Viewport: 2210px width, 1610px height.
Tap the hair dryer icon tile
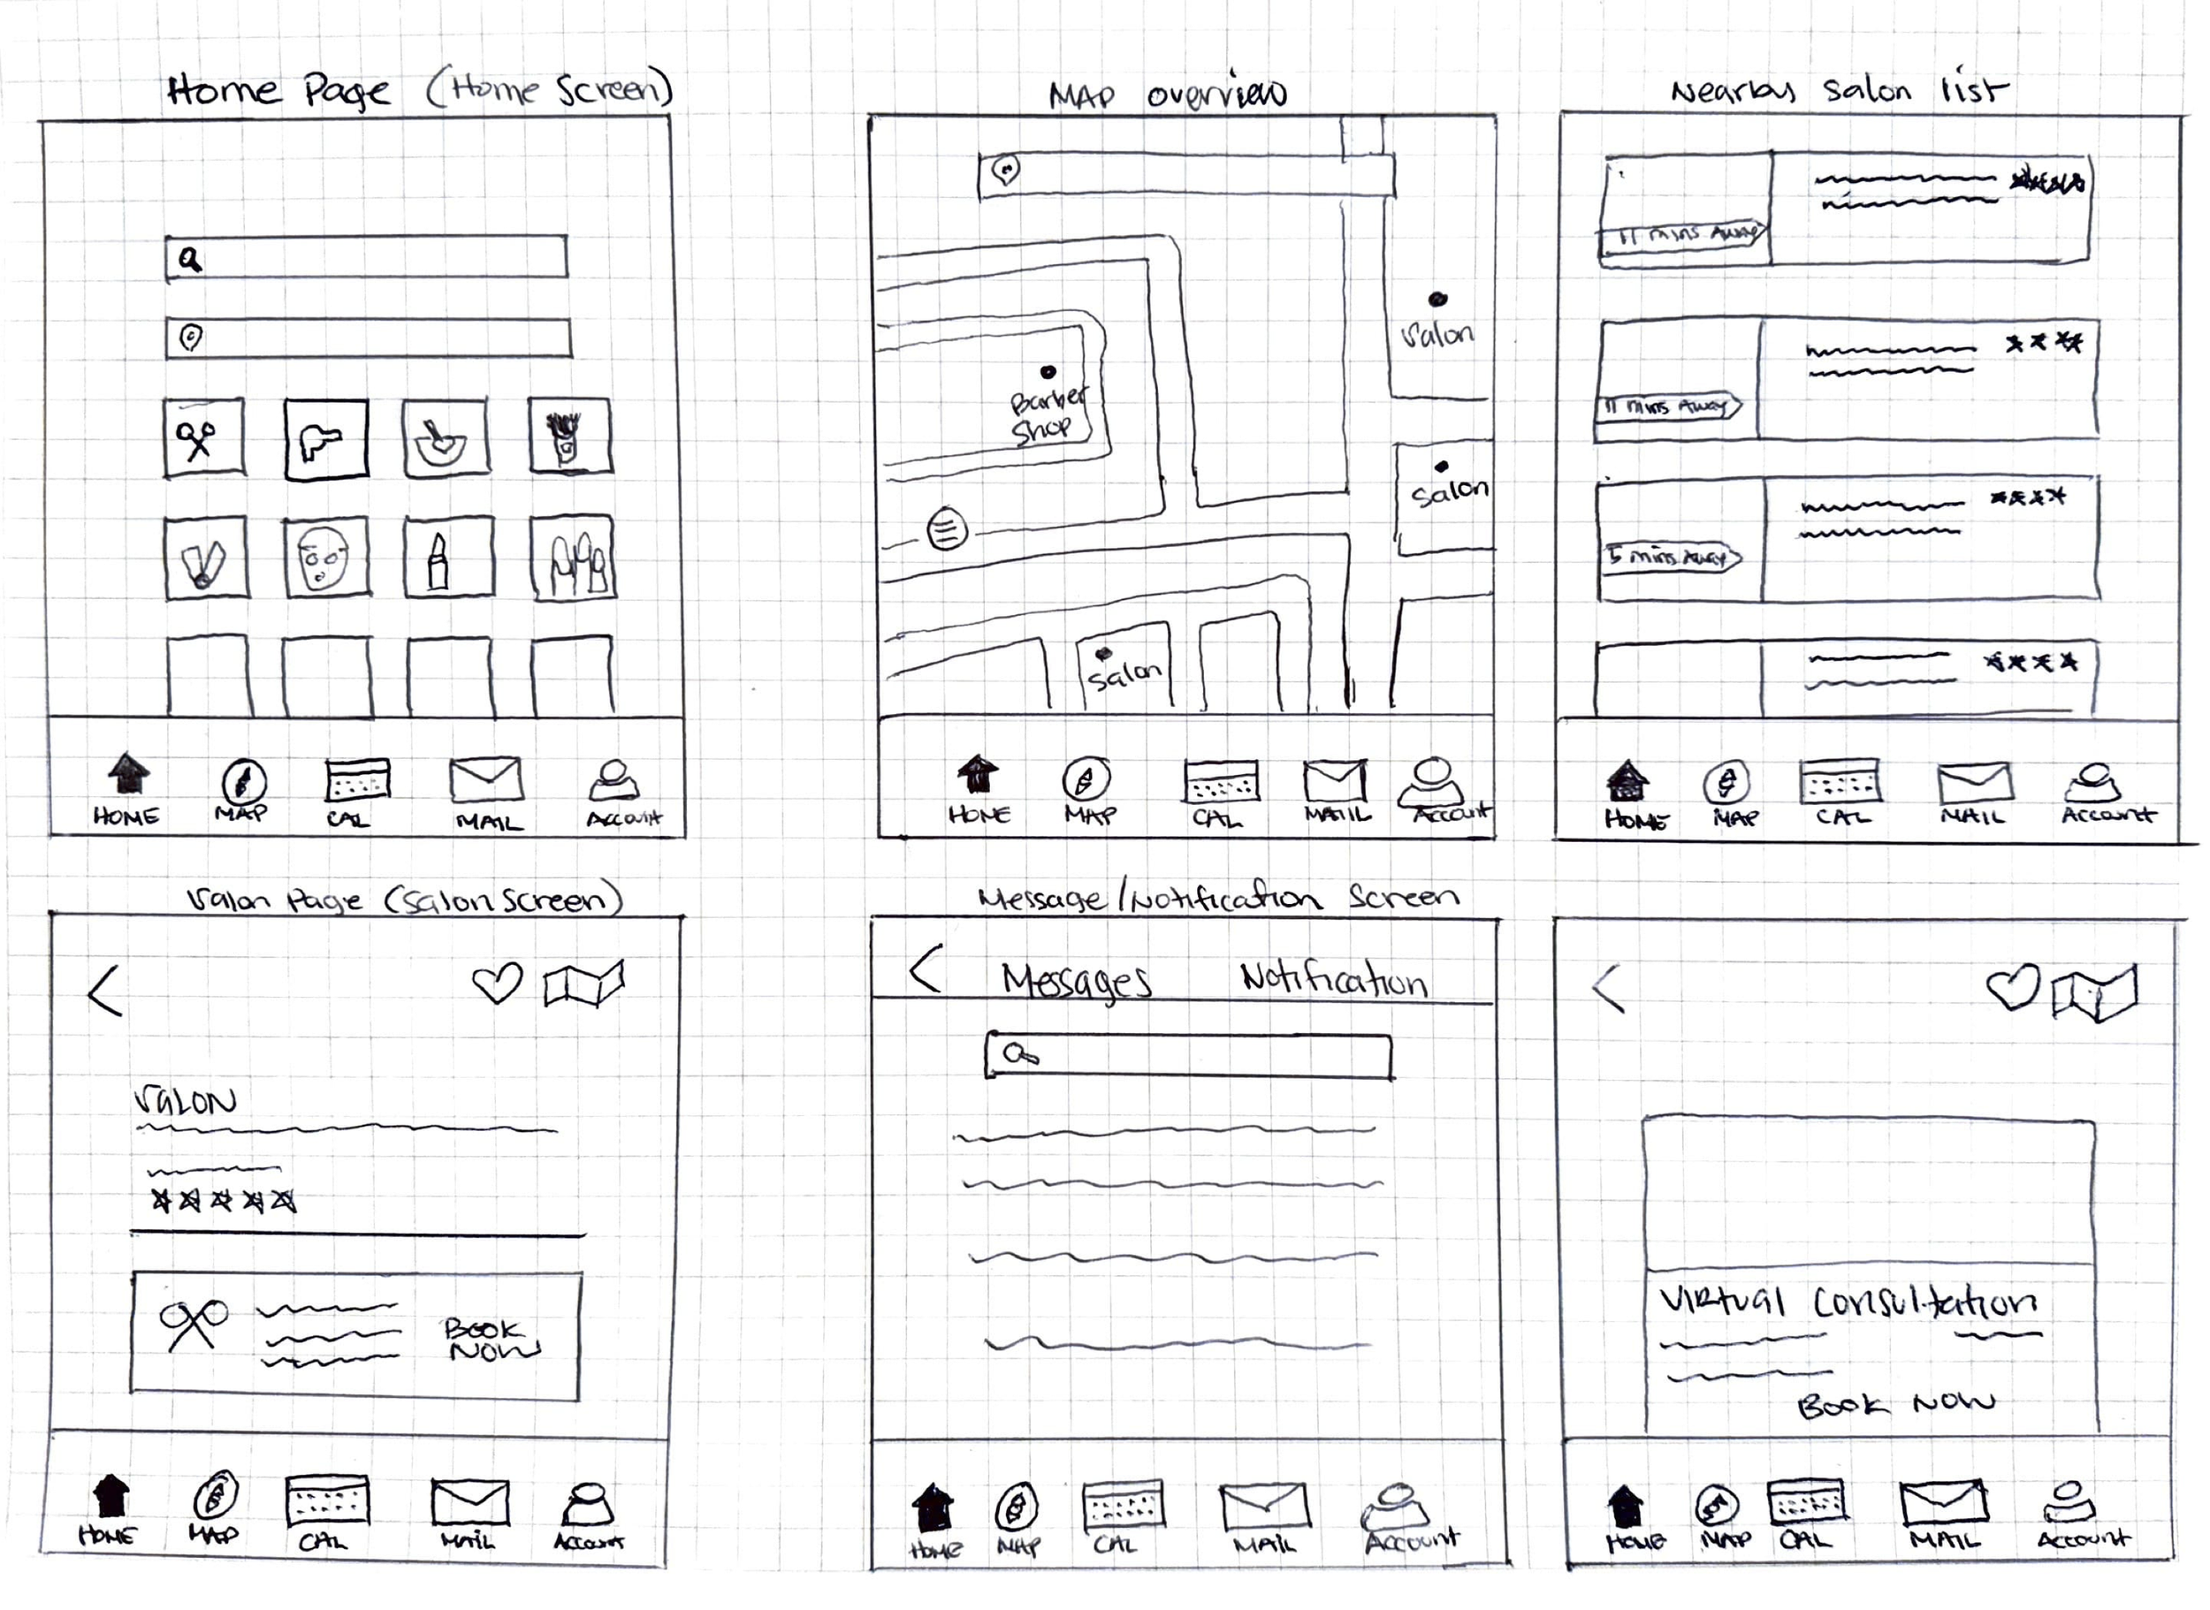point(325,439)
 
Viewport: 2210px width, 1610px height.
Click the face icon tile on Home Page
point(325,558)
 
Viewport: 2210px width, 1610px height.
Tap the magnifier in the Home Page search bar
point(190,259)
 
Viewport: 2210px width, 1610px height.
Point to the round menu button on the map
point(947,530)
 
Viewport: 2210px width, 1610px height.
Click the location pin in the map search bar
point(1006,171)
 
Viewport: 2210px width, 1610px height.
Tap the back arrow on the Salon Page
point(105,991)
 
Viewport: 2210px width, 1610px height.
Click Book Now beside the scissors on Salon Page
point(491,1339)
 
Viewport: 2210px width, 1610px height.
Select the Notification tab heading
point(1332,978)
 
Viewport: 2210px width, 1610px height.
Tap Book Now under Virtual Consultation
point(1894,1404)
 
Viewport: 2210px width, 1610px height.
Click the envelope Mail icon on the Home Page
point(485,779)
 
